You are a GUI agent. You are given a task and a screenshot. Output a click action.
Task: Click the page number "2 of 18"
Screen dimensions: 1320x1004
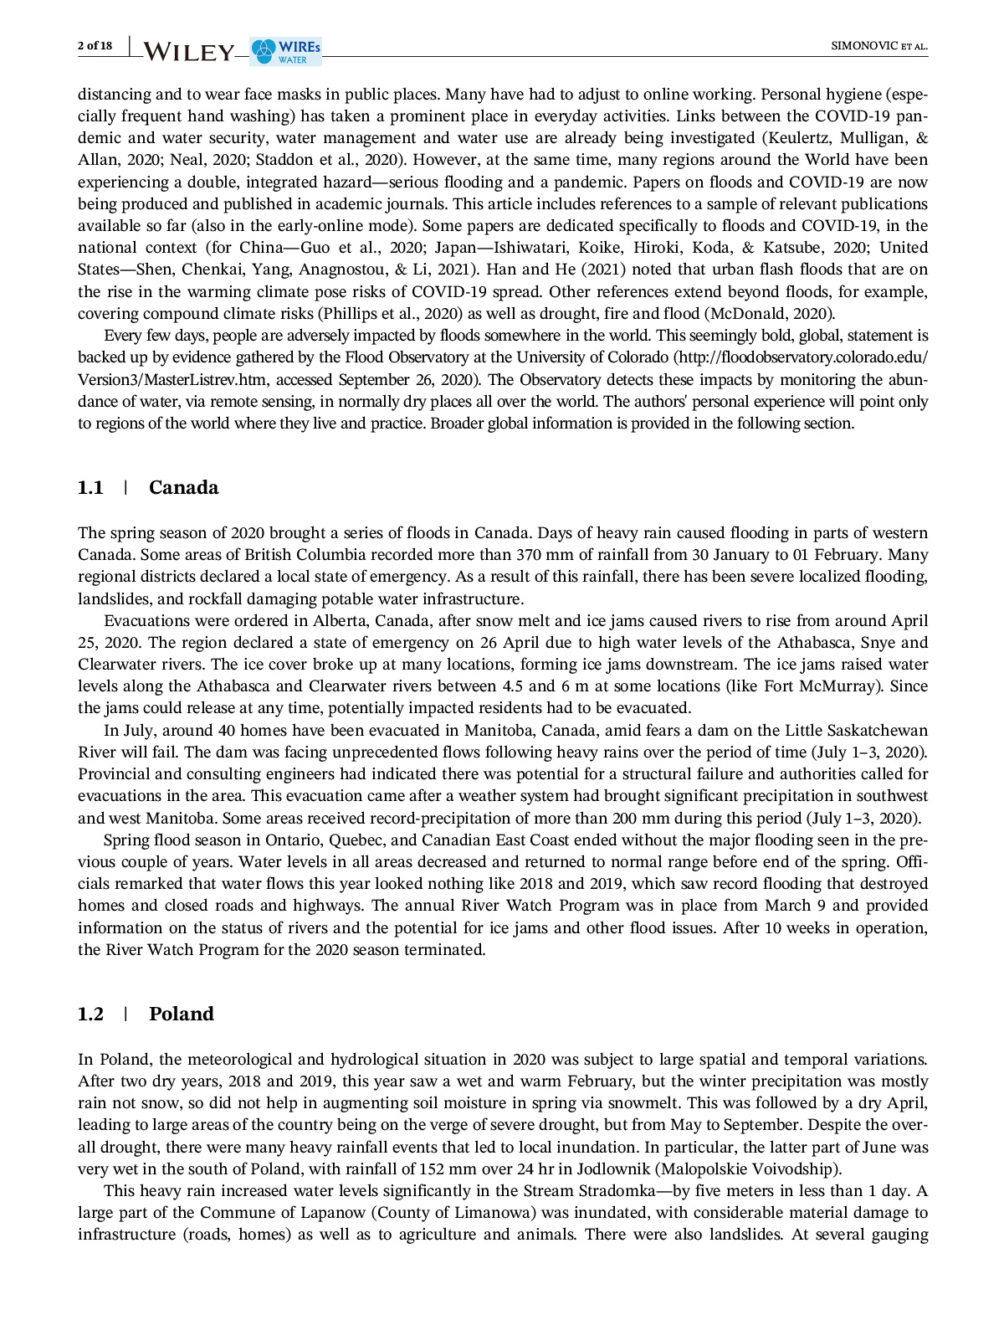tap(95, 45)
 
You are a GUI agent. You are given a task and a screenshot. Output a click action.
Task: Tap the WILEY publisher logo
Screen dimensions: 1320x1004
tap(189, 52)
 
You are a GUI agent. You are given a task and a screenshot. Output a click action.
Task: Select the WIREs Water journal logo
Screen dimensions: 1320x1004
tap(286, 51)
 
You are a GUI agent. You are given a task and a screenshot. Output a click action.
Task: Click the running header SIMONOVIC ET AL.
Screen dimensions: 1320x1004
tap(878, 46)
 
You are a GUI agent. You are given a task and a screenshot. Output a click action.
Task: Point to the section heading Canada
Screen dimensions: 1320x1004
tap(183, 488)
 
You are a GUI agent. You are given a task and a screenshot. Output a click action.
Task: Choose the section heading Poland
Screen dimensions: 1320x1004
tap(181, 1014)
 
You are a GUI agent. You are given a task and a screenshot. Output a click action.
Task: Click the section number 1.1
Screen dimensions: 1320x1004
tap(90, 488)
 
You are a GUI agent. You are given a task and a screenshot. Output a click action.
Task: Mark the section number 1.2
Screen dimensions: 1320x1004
tap(90, 1014)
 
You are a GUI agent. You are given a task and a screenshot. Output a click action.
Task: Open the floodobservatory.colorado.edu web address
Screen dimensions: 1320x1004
tap(803, 357)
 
